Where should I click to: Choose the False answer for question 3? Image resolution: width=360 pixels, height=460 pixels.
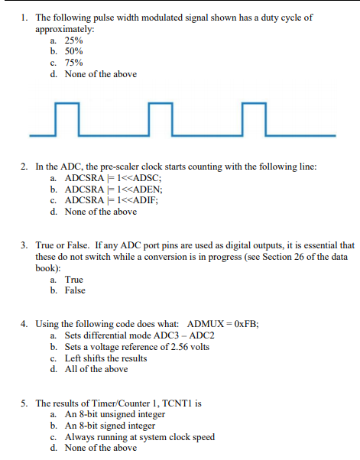75,290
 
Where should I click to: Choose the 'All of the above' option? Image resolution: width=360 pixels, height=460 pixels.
96,369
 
